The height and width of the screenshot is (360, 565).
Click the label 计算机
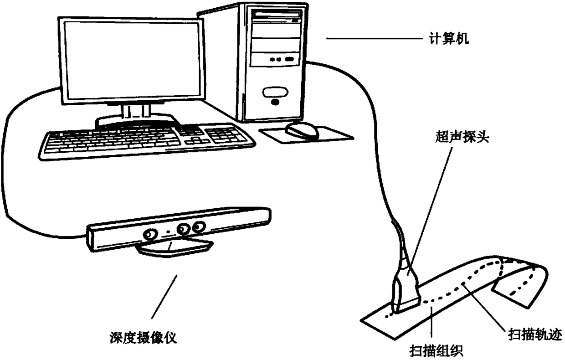(x=449, y=39)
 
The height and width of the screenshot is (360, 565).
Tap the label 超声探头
(x=462, y=138)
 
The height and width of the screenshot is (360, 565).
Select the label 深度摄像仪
(x=143, y=338)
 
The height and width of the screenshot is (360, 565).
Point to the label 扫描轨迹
(x=535, y=334)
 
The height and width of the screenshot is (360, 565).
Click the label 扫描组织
(x=437, y=351)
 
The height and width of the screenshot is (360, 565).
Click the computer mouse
(x=302, y=130)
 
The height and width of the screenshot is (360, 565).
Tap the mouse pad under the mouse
(x=307, y=135)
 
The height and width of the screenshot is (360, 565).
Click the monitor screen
(x=133, y=61)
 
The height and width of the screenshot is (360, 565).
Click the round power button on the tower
(x=275, y=102)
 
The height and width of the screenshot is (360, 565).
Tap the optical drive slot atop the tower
(x=278, y=14)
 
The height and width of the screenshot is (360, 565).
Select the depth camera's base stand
(x=175, y=248)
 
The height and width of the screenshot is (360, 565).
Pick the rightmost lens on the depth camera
(x=199, y=227)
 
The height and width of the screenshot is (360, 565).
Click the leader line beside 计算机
(x=375, y=39)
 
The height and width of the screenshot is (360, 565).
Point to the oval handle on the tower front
(x=275, y=92)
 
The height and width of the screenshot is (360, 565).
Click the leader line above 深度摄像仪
(x=164, y=297)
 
